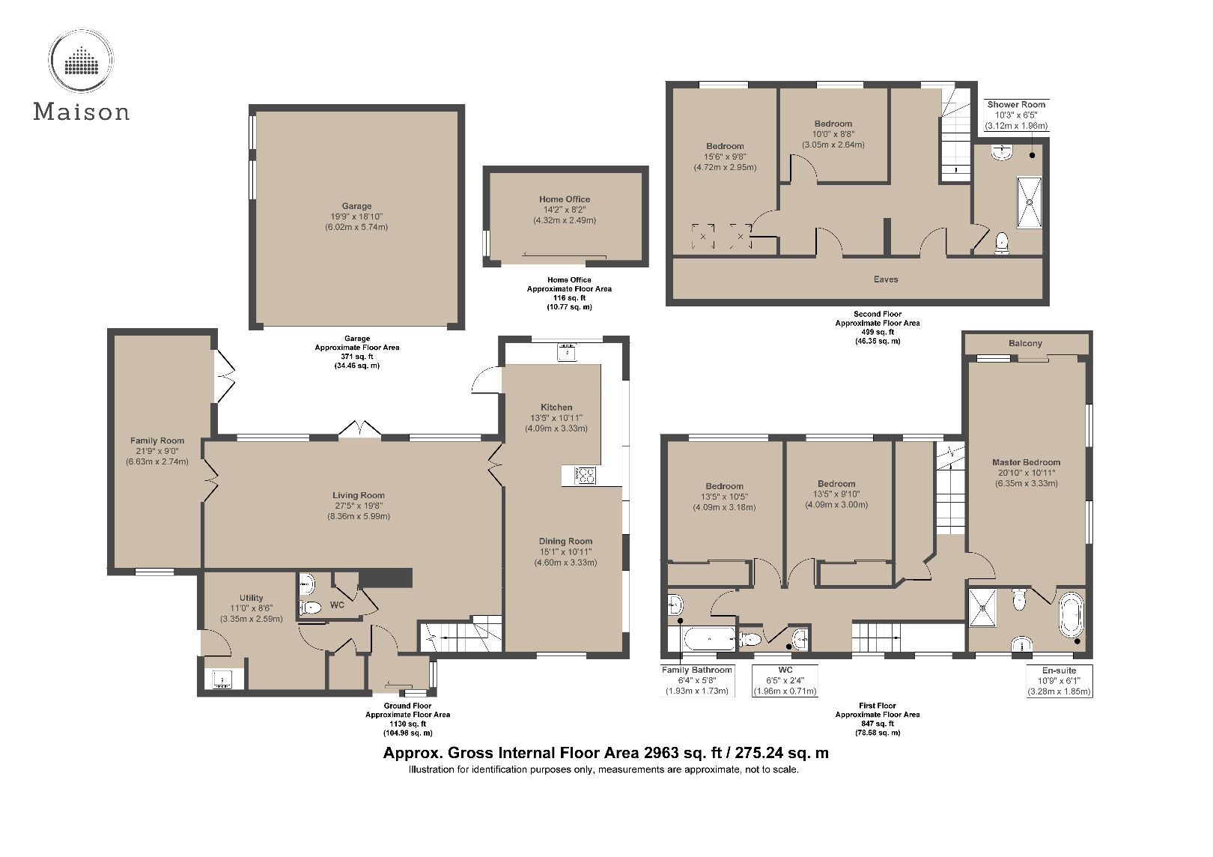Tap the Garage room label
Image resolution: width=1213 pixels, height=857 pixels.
point(356,206)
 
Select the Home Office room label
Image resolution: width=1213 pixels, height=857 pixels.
point(565,199)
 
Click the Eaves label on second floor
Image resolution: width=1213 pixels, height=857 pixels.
point(886,279)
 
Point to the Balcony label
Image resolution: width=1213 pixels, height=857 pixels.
point(1025,343)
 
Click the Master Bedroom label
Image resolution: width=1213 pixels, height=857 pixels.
point(1026,462)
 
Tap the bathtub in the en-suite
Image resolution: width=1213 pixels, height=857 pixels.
point(1068,615)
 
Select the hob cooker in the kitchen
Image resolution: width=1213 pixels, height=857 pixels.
point(584,475)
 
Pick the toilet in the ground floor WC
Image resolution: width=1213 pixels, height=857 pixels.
point(310,608)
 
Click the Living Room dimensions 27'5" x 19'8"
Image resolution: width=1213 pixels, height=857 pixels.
point(358,506)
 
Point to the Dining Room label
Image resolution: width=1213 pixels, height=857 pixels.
point(565,541)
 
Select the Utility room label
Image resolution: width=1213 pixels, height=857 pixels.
point(251,598)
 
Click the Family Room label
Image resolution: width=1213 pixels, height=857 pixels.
point(156,440)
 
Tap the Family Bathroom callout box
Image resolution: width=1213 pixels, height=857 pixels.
point(696,680)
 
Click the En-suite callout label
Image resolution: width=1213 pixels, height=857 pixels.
point(1059,670)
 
